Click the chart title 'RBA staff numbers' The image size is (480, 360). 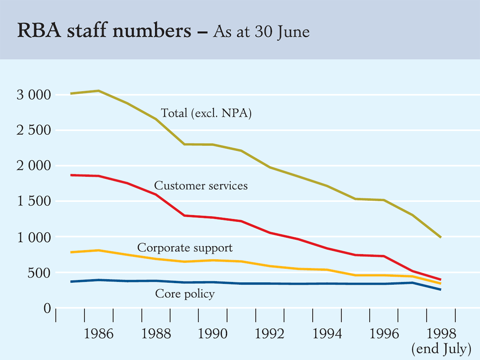click(x=104, y=31)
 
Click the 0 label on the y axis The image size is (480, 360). click(x=47, y=308)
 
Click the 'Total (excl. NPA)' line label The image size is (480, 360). click(x=206, y=113)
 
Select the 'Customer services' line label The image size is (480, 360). click(x=201, y=186)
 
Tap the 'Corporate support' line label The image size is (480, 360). click(x=185, y=248)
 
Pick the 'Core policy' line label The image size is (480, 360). click(x=185, y=294)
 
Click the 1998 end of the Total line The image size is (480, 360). click(x=440, y=237)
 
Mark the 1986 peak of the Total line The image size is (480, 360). click(x=98, y=91)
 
